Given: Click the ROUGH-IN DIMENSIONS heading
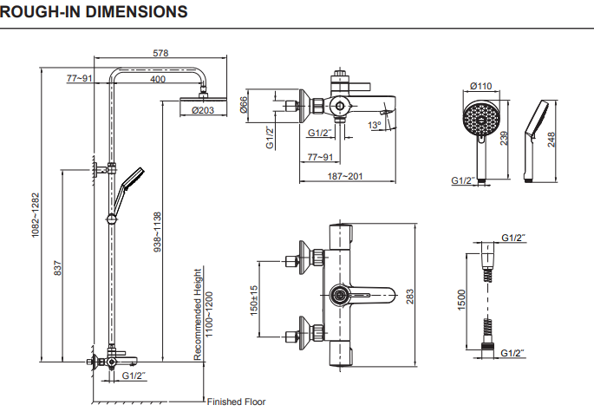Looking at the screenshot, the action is [x=94, y=12].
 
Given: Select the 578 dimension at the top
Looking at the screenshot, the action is [x=160, y=53].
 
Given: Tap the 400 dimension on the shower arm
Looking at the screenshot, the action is [x=158, y=79].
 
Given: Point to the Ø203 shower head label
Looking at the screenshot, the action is [x=203, y=110].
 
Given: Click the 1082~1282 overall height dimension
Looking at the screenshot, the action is [x=36, y=215].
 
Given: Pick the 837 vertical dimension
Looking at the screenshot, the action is [x=57, y=268].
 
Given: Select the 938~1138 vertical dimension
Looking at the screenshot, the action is [x=157, y=232].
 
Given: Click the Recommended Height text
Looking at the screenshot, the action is [x=198, y=314].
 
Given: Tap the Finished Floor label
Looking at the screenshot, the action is [x=237, y=402].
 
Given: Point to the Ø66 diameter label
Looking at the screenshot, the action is [x=244, y=105].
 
